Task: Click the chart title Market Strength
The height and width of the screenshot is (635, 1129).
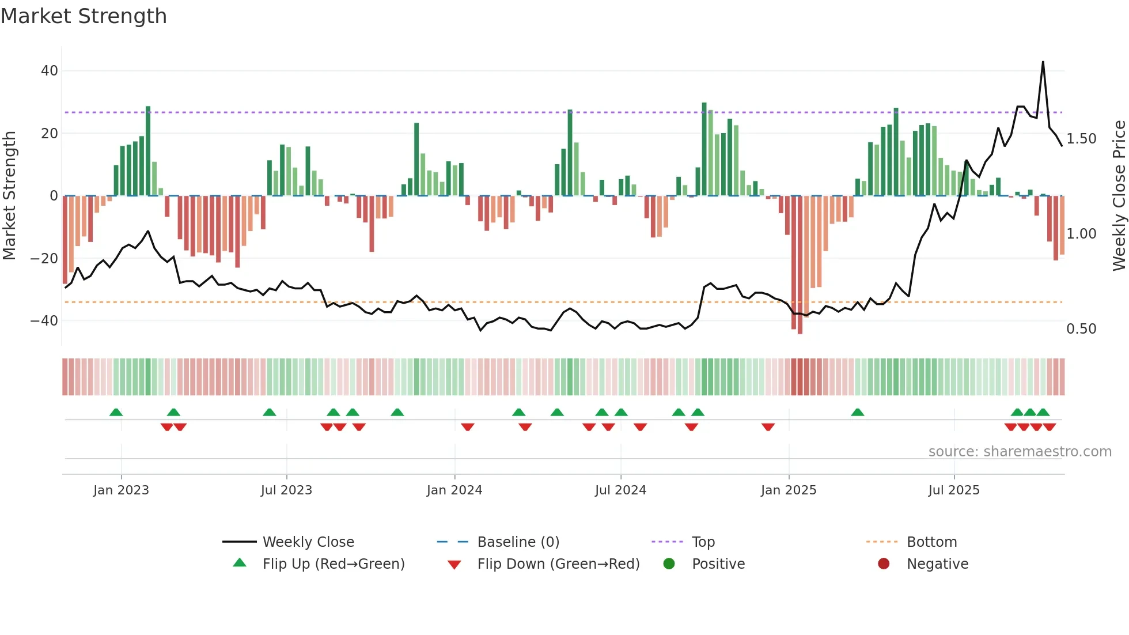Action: click(x=84, y=16)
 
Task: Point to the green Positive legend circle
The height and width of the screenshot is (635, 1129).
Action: click(x=669, y=564)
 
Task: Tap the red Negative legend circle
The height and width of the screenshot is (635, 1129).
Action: click(x=884, y=564)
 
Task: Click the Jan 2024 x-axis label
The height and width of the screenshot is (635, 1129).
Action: click(x=454, y=490)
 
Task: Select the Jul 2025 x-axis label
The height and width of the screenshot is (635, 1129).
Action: click(x=954, y=490)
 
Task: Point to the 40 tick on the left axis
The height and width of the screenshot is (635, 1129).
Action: click(x=50, y=71)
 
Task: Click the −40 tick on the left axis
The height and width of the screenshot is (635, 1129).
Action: click(x=45, y=320)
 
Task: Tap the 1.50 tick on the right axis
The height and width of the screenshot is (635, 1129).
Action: click(x=1081, y=139)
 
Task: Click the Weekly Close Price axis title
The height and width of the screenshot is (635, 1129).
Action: click(x=1119, y=196)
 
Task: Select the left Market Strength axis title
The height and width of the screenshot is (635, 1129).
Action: click(x=10, y=196)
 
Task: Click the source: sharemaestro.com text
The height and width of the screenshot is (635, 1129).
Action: click(x=1020, y=451)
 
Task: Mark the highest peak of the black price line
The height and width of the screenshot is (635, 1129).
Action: click(x=1043, y=62)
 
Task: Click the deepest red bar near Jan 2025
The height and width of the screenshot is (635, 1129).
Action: click(x=800, y=265)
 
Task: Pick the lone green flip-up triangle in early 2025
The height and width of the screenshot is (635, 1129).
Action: click(x=857, y=412)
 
